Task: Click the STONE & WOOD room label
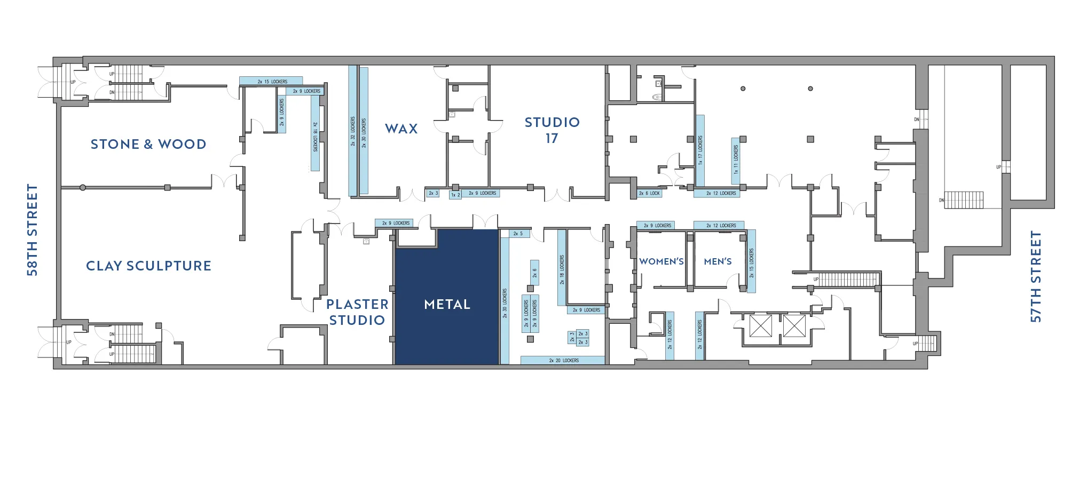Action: click(x=148, y=144)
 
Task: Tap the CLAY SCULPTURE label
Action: click(x=148, y=266)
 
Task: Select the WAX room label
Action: click(x=401, y=129)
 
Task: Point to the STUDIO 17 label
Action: click(x=552, y=130)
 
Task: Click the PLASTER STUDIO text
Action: click(x=357, y=312)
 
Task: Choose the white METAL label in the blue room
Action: click(x=447, y=304)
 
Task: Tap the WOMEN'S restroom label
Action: click(x=661, y=261)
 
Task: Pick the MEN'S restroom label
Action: click(x=718, y=261)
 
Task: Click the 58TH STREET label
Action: click(x=33, y=230)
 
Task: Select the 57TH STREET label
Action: click(x=1036, y=276)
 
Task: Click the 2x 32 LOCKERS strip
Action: click(x=352, y=131)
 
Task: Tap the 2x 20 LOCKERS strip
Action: click(x=563, y=361)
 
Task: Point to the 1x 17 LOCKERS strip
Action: click(x=700, y=150)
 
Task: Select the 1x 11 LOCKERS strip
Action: click(x=736, y=160)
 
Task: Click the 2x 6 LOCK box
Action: click(x=650, y=193)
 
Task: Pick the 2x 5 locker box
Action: click(x=518, y=234)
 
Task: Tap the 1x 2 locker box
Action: click(x=455, y=195)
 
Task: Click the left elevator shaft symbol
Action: click(x=760, y=326)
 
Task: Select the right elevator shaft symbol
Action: click(x=794, y=326)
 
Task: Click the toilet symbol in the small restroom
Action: click(x=657, y=97)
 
